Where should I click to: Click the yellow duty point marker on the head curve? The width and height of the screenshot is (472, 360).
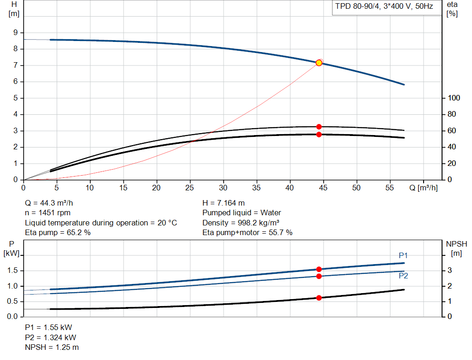click(x=319, y=63)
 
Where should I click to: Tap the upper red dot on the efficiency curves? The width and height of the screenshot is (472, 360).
click(x=319, y=127)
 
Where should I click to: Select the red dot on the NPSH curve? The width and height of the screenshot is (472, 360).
click(x=319, y=298)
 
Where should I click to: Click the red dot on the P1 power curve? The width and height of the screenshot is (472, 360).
click(x=319, y=269)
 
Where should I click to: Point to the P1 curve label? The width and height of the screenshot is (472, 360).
click(x=403, y=255)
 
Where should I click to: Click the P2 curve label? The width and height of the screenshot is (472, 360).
click(x=403, y=276)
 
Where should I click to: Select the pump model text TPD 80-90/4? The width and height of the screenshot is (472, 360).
click(x=357, y=6)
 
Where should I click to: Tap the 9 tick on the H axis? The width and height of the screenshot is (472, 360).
click(x=15, y=33)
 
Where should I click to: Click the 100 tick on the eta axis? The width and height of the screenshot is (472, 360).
click(x=454, y=98)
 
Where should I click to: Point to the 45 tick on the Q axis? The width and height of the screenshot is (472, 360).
click(x=323, y=188)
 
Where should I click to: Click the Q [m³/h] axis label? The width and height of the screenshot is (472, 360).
click(x=424, y=188)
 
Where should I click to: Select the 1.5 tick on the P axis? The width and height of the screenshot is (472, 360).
click(x=12, y=270)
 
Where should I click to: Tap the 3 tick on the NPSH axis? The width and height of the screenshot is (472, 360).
click(x=450, y=270)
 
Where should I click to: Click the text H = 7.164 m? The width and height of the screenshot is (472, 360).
click(x=224, y=203)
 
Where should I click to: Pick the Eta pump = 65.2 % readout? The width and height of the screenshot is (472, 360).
click(x=58, y=232)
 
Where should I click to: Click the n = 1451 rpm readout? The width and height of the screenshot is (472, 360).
click(x=47, y=213)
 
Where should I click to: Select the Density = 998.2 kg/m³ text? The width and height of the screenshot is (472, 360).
click(x=241, y=223)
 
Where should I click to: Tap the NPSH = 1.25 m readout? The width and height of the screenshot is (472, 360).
click(x=52, y=348)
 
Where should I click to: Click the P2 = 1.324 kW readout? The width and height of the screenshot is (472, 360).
click(x=51, y=337)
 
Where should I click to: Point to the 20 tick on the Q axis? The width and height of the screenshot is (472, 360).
click(x=156, y=188)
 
